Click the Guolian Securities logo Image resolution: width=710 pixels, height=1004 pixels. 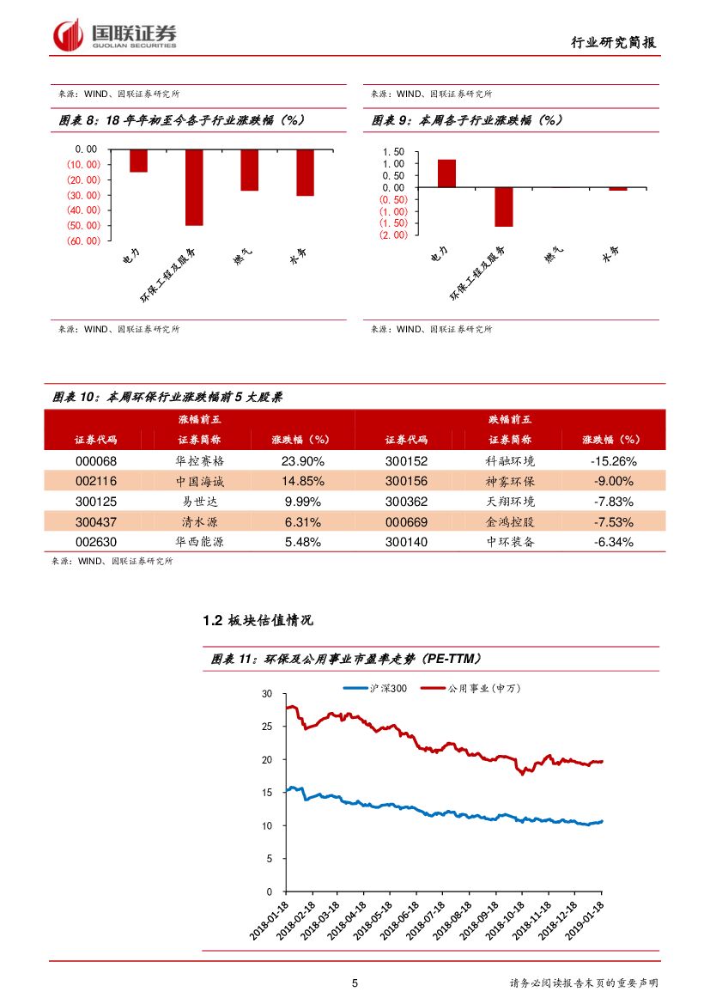pos(115,35)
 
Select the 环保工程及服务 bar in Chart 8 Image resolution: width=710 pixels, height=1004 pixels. pos(194,187)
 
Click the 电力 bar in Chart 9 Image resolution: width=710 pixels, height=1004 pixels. pos(446,173)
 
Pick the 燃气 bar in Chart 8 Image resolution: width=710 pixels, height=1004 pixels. pos(249,170)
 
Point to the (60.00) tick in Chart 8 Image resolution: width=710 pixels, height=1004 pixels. pos(83,240)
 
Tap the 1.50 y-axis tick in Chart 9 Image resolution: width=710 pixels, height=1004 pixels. pos(393,163)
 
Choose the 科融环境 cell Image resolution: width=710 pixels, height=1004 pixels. pos(510,460)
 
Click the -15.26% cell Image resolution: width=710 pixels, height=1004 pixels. pos(613,460)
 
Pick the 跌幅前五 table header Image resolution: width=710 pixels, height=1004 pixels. pos(510,419)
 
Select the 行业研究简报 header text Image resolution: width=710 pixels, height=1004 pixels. pos(618,42)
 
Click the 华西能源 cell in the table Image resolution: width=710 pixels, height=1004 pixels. pos(199,542)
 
